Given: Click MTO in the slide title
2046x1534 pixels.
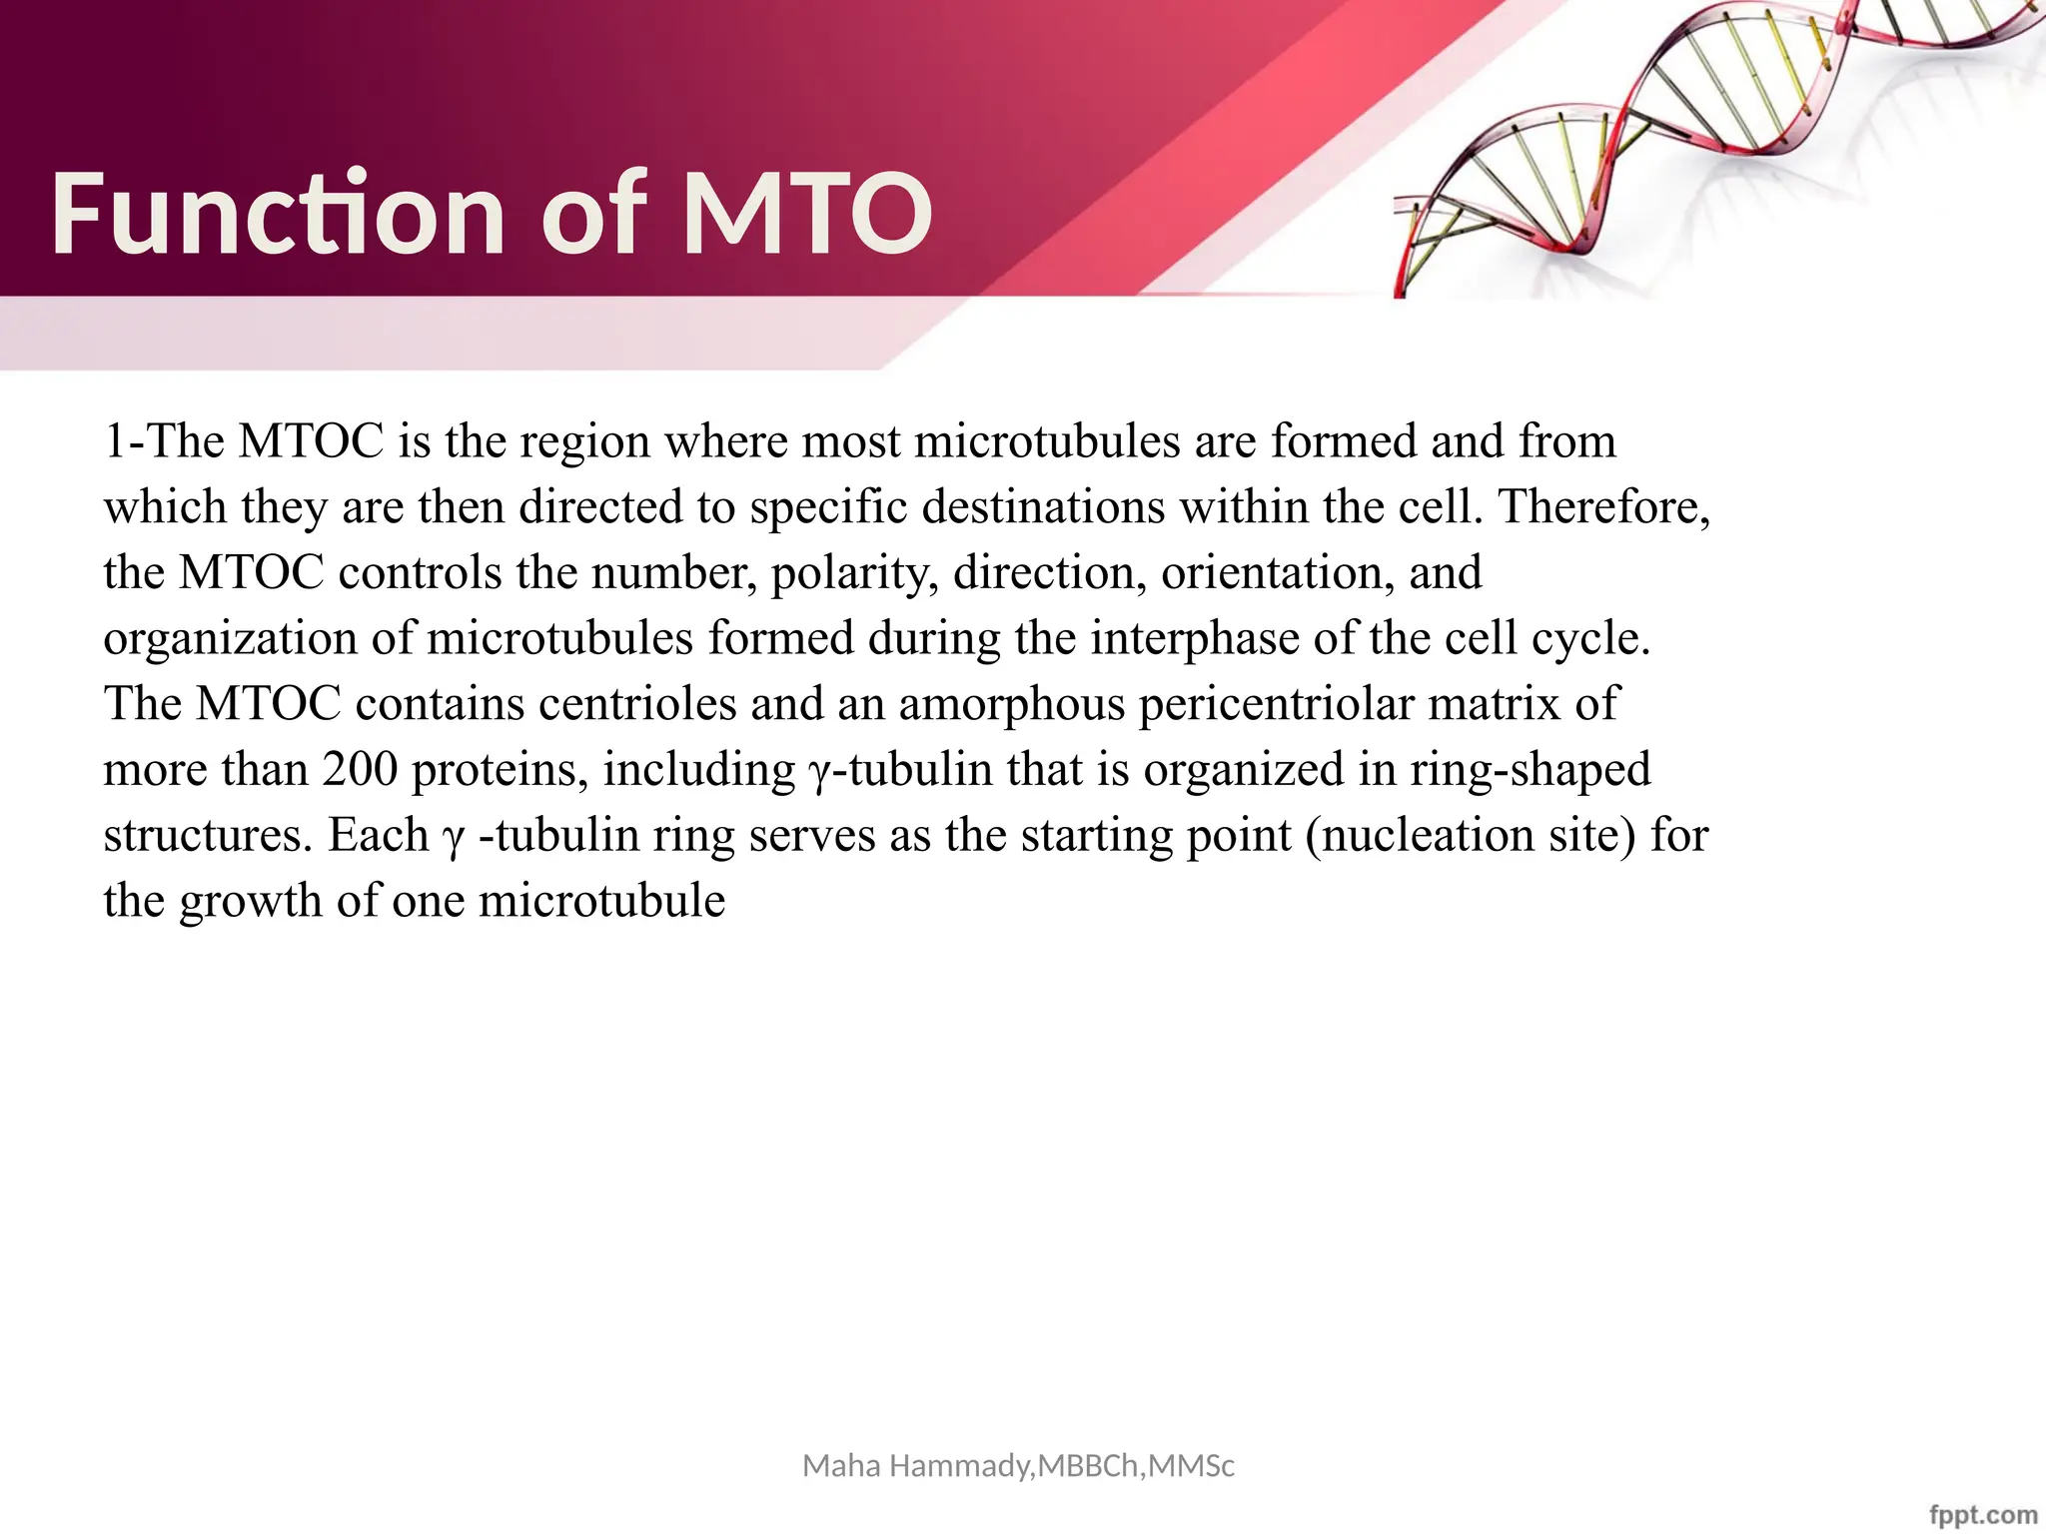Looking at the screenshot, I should (x=807, y=214).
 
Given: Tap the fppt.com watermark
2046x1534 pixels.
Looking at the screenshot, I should (x=1983, y=1514).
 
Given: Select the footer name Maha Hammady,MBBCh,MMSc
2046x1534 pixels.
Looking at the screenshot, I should (x=1018, y=1466).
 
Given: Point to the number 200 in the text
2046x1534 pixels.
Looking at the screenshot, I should (x=360, y=769).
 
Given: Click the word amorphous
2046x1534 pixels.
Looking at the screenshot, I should (x=1011, y=704).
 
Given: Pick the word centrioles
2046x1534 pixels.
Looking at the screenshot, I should (x=637, y=704).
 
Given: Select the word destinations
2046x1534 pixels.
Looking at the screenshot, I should (x=1043, y=506).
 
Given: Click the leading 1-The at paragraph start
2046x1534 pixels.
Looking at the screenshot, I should (x=164, y=441).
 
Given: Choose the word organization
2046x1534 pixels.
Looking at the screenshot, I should (x=230, y=638).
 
